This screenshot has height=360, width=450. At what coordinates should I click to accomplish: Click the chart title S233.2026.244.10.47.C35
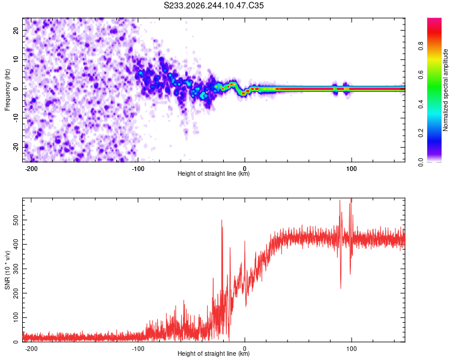214,5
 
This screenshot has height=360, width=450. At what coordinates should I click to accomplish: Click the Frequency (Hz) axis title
7,90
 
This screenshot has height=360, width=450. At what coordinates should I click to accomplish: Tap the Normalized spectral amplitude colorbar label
445,90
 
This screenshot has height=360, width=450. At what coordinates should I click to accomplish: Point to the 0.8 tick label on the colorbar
421,46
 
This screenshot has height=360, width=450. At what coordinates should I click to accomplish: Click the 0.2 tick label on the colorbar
421,133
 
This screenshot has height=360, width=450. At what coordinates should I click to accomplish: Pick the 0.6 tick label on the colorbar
421,74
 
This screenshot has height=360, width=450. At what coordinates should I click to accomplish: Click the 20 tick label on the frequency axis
16,30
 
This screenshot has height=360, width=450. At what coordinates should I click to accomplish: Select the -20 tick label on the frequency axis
16,147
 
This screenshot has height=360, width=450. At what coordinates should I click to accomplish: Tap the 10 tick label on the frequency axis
16,59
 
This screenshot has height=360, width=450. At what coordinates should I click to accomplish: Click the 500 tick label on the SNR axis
16,220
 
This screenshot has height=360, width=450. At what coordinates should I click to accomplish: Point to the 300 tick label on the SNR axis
16,269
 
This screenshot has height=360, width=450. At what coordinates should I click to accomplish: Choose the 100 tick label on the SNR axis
16,317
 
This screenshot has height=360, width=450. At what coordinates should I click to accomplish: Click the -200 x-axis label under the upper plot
31,169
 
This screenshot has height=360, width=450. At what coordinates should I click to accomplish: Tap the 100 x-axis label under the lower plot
351,349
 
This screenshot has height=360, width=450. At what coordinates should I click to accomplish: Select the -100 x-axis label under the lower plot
138,349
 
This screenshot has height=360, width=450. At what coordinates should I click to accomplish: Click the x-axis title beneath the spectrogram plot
214,173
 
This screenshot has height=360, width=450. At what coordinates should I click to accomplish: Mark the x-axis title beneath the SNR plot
214,353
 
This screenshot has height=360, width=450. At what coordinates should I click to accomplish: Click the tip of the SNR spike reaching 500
221,220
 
